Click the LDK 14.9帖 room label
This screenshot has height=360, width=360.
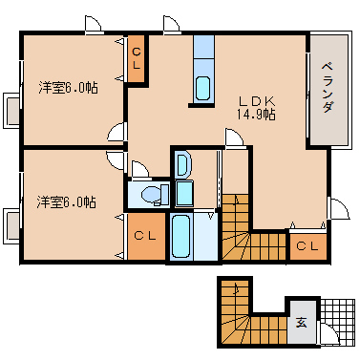point(256,108)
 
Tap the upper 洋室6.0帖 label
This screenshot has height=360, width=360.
point(69,88)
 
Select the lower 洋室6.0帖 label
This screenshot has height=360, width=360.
point(66,202)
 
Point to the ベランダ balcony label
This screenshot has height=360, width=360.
point(328,88)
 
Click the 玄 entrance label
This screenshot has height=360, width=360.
point(302,323)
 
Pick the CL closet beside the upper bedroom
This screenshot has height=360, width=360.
point(137,58)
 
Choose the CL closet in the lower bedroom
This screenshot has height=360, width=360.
point(146,236)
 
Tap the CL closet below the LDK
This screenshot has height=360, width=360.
point(307,246)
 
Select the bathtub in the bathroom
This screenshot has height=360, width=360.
point(180,236)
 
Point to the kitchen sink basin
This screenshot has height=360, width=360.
point(202,88)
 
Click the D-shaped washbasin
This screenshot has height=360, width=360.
point(182,165)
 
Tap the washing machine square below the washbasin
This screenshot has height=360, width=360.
point(184,193)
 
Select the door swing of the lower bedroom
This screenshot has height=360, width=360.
point(116,160)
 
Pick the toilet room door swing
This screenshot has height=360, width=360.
point(139,169)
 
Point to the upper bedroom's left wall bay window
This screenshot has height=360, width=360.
point(11,111)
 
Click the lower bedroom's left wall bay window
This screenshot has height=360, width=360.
point(11,226)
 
